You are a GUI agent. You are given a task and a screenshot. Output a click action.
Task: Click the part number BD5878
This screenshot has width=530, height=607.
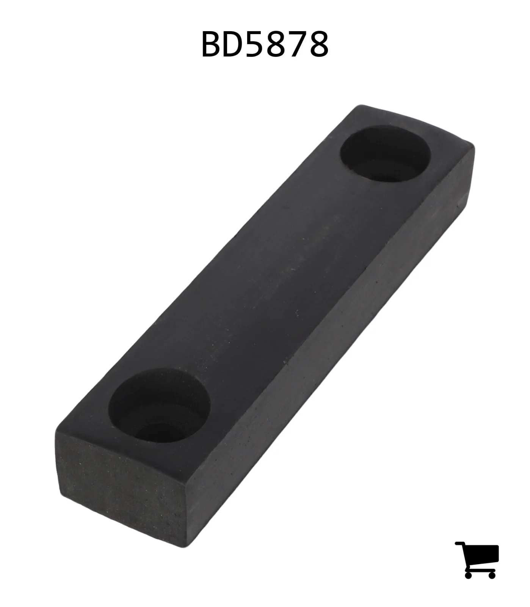(265, 44)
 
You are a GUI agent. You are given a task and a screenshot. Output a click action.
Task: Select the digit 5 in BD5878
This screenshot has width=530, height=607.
(257, 44)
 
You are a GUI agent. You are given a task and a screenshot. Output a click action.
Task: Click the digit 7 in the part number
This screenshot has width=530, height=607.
(297, 44)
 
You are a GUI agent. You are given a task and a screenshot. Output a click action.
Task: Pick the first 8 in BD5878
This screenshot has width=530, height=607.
(277, 44)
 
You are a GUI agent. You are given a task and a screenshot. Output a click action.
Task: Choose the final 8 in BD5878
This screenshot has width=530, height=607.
(318, 44)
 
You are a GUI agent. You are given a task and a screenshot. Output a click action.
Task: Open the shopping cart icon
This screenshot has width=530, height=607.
(477, 560)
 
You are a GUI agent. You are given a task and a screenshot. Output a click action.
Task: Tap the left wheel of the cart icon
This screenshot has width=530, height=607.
(468, 574)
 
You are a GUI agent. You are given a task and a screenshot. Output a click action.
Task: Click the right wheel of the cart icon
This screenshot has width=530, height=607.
(492, 574)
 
